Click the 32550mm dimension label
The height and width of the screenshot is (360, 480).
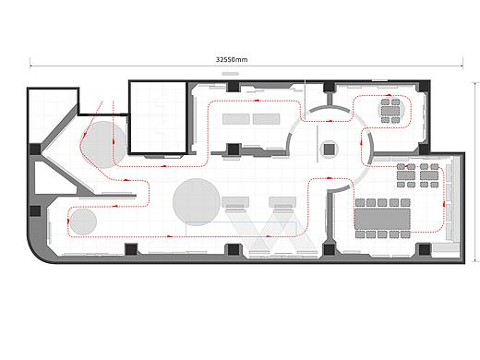pyautogui.click(x=232, y=59)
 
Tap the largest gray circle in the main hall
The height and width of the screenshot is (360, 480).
pyautogui.click(x=197, y=202)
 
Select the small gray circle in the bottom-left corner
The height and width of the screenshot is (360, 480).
pyautogui.click(x=83, y=222)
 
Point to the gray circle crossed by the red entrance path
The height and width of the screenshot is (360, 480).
pyautogui.click(x=104, y=145)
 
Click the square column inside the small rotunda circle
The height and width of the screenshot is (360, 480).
pyautogui.click(x=329, y=150)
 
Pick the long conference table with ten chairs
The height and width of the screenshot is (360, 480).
pyautogui.click(x=382, y=219)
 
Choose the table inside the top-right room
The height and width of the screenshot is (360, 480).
pyautogui.click(x=390, y=111)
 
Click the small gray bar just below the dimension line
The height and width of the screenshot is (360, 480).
pyautogui.click(x=231, y=74)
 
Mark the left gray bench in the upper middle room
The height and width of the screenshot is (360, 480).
pyautogui.click(x=236, y=119)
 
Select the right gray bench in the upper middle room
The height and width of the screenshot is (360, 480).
pyautogui.click(x=267, y=119)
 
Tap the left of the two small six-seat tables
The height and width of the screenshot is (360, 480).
pyautogui.click(x=406, y=175)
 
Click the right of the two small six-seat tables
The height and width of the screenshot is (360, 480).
pyautogui.click(x=429, y=175)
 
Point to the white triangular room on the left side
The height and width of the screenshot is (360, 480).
pyautogui.click(x=55, y=177)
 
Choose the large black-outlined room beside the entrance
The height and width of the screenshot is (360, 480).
pyautogui.click(x=158, y=117)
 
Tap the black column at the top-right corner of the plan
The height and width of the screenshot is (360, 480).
pyautogui.click(x=424, y=86)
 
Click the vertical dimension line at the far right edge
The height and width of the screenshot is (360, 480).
pyautogui.click(x=476, y=173)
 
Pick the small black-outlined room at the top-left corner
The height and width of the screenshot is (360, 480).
pyautogui.click(x=53, y=115)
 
